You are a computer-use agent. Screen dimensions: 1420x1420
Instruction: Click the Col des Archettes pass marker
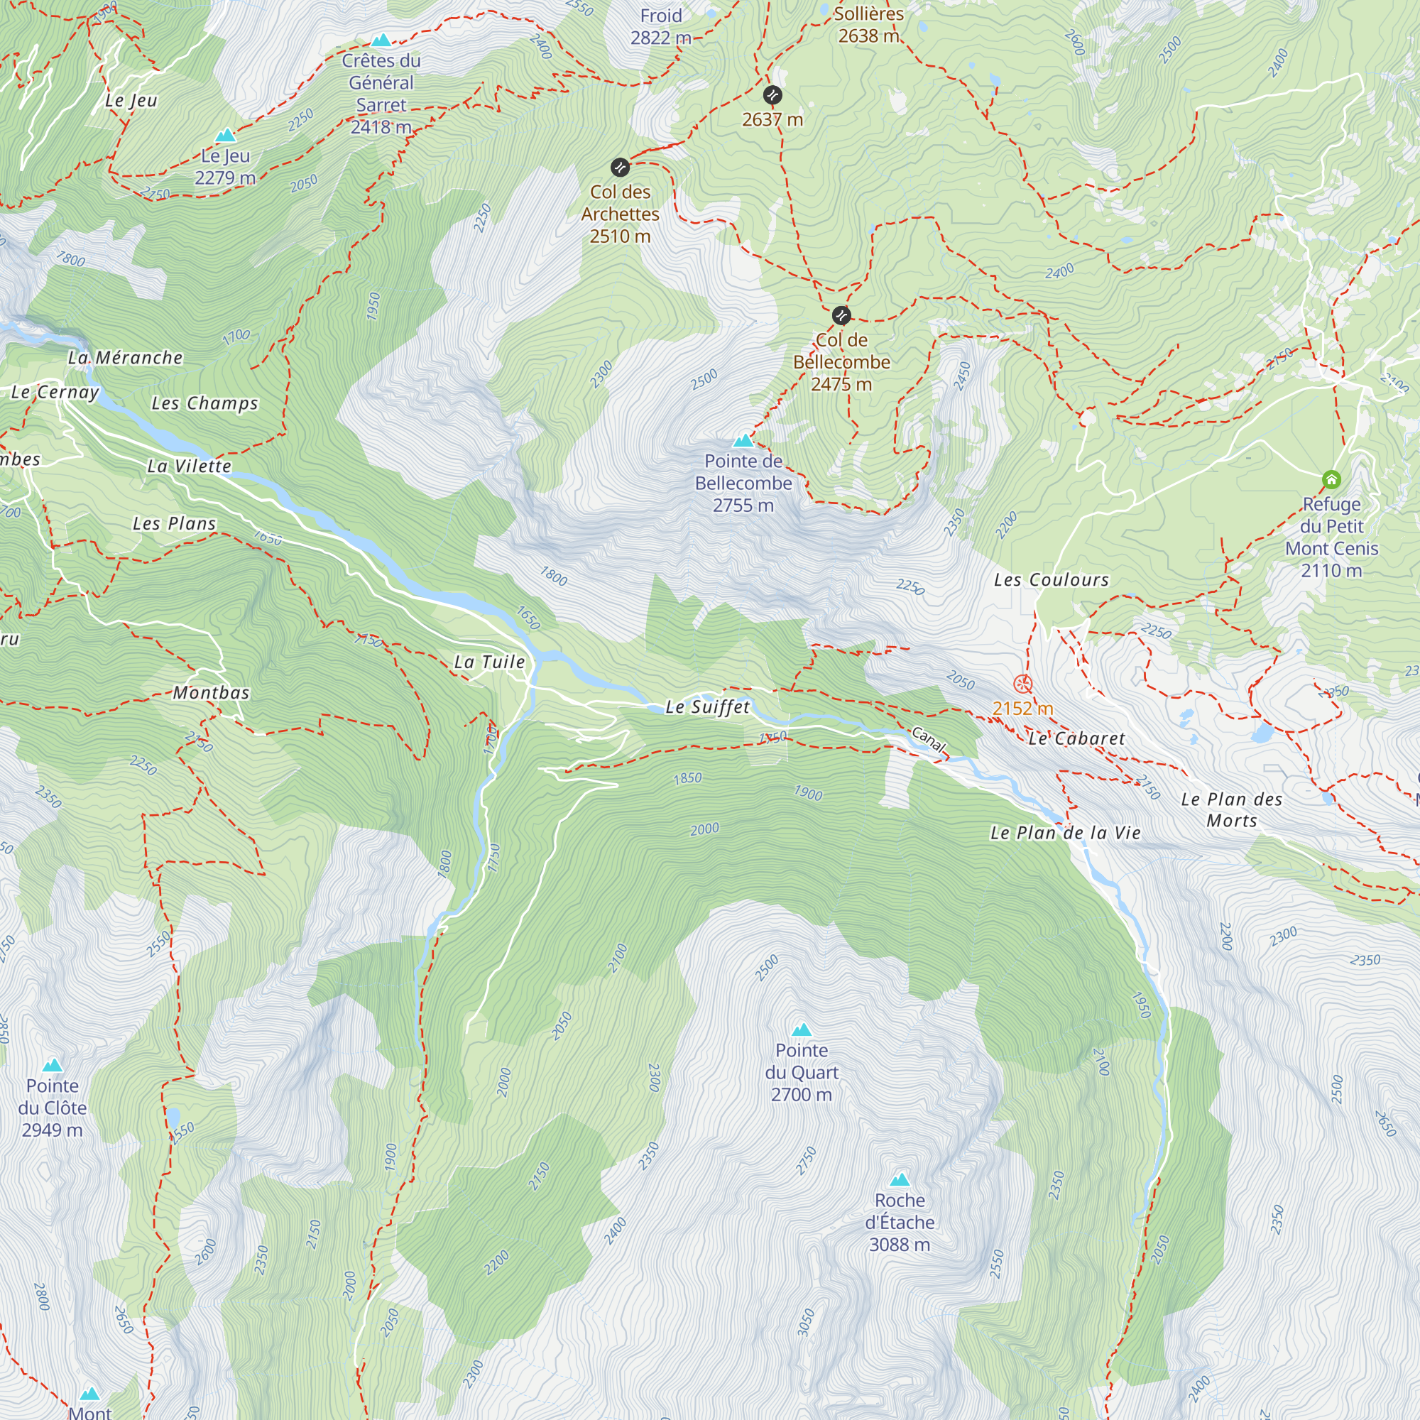[621, 168]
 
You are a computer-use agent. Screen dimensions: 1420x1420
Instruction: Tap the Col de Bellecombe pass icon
[841, 316]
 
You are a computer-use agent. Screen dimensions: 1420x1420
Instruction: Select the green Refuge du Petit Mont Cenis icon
[1332, 480]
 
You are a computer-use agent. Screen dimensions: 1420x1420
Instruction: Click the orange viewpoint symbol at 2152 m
[1023, 684]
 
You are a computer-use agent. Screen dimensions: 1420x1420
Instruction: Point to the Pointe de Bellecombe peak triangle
[744, 440]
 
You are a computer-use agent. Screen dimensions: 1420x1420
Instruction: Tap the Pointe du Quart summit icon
[802, 1029]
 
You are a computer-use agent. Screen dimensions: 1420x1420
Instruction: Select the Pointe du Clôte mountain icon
[52, 1065]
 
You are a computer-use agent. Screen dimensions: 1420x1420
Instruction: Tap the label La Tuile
[489, 662]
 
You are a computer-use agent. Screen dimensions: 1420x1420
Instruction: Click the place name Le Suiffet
[708, 707]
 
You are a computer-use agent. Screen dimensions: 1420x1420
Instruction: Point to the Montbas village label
[212, 692]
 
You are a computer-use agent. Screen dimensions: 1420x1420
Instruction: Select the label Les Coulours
[1051, 580]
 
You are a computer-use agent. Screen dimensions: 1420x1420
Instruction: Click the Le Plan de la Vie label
[1065, 833]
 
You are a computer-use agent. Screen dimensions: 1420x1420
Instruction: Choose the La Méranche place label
[125, 358]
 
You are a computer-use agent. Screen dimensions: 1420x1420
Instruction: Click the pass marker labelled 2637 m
[772, 95]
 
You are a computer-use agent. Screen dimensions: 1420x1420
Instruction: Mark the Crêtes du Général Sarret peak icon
[381, 40]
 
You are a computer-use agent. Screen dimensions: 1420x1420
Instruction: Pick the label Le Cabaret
[1076, 738]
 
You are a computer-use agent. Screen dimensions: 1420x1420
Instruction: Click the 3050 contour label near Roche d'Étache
[807, 1322]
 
